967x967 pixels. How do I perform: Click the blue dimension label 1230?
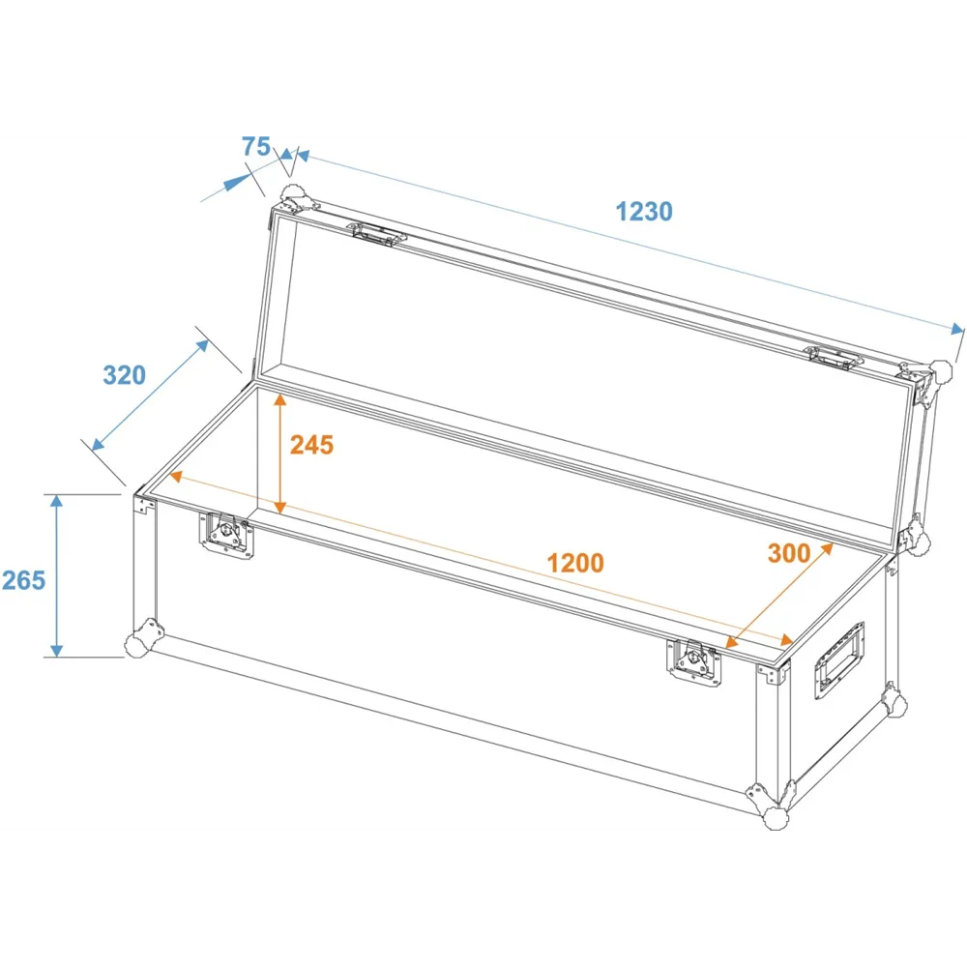pos(644,212)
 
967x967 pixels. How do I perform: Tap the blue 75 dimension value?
pos(256,146)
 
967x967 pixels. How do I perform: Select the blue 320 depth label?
pos(124,375)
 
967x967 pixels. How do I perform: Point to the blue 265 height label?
pos(23,580)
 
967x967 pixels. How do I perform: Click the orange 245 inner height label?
pos(311,445)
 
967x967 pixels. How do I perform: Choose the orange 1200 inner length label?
pos(575,563)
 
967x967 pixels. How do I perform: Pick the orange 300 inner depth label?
pos(789,553)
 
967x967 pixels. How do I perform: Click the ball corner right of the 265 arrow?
pos(141,639)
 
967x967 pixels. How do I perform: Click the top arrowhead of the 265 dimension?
pos(57,502)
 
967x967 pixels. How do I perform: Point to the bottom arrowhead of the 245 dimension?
pos(280,506)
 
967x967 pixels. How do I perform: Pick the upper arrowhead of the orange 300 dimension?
pos(827,549)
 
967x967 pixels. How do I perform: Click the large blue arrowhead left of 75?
pos(238,182)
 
